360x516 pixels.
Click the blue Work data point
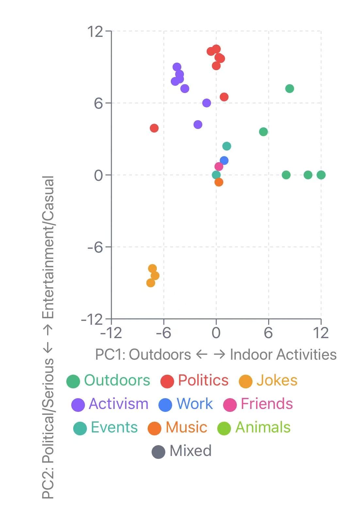pyautogui.click(x=224, y=161)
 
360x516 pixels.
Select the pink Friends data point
pyautogui.click(x=219, y=166)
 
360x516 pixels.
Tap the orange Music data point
pyautogui.click(x=219, y=182)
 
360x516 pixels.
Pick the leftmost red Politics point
pyautogui.click(x=154, y=128)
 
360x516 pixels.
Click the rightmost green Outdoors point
pyautogui.click(x=321, y=175)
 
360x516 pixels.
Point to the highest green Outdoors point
pyautogui.click(x=289, y=88)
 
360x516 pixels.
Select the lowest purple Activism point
pyautogui.click(x=198, y=124)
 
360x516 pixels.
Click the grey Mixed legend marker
pyautogui.click(x=159, y=452)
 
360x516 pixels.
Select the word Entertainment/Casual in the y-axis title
pyautogui.click(x=49, y=247)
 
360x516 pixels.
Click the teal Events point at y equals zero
pyautogui.click(x=216, y=175)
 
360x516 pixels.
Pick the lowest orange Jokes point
pyautogui.click(x=151, y=283)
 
